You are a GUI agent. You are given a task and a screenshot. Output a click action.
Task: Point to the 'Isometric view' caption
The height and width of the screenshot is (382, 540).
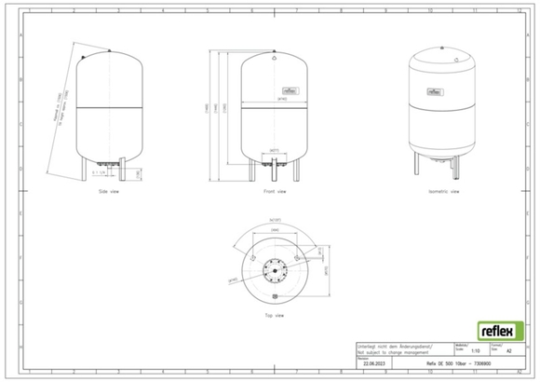tap(441, 191)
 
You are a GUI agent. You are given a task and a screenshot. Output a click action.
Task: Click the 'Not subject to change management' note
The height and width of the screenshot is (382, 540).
tap(391, 351)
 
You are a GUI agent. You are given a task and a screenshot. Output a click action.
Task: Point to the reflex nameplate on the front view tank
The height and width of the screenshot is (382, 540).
tap(292, 91)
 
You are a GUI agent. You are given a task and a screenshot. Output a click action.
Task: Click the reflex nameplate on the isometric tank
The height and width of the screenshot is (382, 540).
tap(434, 92)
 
